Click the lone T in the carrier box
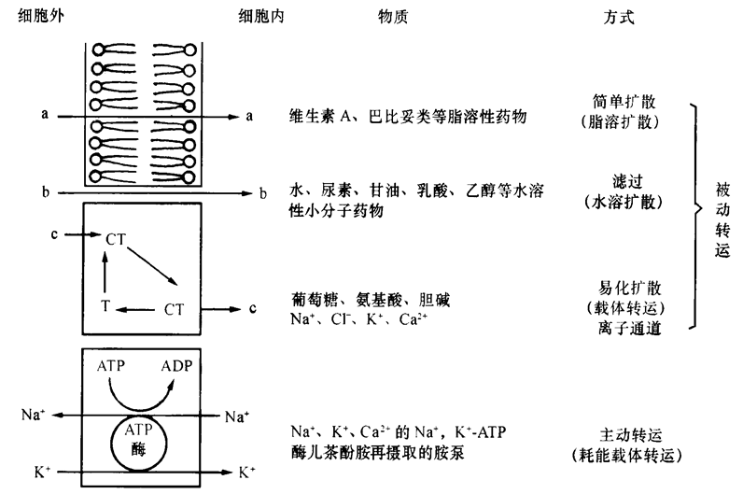[x=105, y=304]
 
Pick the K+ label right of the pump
[x=247, y=472]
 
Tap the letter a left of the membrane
[x=44, y=115]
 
